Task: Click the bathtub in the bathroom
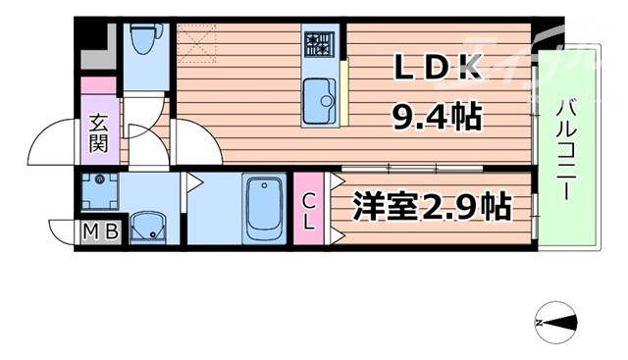tap(263, 208)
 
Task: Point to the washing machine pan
tap(99, 190)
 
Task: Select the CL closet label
tap(309, 211)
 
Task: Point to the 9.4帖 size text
tap(437, 118)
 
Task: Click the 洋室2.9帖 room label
tap(432, 208)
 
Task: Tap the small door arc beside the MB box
tap(62, 232)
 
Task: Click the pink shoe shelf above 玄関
tap(99, 104)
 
